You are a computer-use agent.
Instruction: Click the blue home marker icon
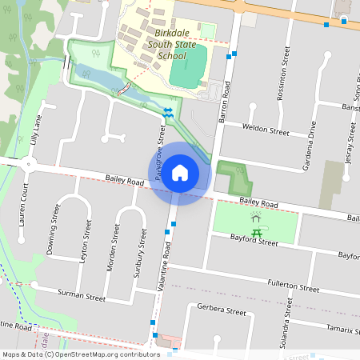tap(180, 172)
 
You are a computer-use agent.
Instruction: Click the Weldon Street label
tap(265, 130)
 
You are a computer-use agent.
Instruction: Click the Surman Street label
tap(82, 296)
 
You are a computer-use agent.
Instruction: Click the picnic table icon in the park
tap(257, 233)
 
